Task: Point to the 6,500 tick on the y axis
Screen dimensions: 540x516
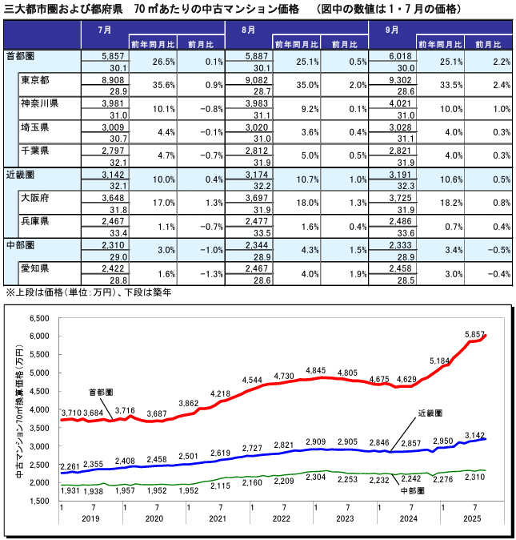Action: tap(39, 318)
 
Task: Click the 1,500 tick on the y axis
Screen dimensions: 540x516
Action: tap(39, 502)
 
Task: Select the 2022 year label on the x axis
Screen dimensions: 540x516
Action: tap(282, 518)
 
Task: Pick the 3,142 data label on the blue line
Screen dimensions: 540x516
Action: tap(477, 433)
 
